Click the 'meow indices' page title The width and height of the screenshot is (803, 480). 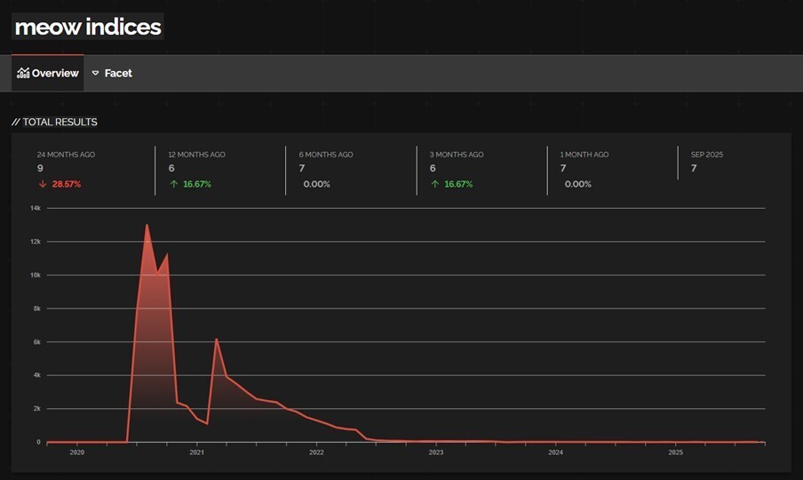[x=88, y=27]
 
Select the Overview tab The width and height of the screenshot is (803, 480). [x=48, y=73]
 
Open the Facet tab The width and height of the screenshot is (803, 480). [x=112, y=73]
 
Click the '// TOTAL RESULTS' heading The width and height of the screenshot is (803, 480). [x=54, y=122]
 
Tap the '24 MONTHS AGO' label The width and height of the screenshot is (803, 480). [x=66, y=155]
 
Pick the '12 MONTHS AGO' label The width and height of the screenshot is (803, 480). [x=196, y=155]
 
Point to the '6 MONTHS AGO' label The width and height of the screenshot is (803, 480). [x=326, y=155]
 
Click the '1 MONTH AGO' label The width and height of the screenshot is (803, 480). [x=584, y=155]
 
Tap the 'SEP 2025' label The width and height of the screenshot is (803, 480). [x=707, y=155]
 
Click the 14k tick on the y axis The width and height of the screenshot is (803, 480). [x=36, y=208]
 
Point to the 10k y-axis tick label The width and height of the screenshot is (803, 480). [x=36, y=275]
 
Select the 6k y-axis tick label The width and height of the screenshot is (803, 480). [x=36, y=342]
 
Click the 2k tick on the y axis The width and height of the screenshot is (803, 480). [x=36, y=409]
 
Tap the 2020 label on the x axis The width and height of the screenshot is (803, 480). [x=76, y=452]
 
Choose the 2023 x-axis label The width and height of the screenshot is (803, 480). [x=435, y=452]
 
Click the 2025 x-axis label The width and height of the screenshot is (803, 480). [x=675, y=452]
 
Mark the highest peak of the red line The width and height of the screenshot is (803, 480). [x=147, y=225]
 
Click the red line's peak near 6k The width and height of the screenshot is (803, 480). [x=216, y=339]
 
